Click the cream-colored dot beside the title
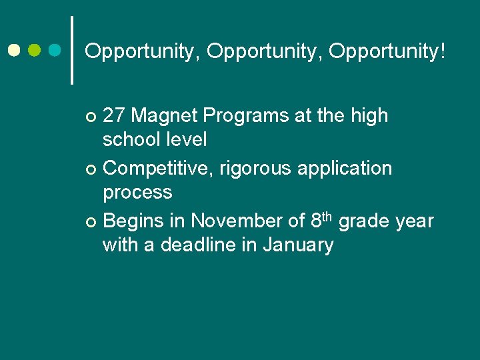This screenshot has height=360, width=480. coord(15,51)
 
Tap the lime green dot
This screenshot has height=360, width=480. coord(35,51)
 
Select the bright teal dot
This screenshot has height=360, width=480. coord(55,51)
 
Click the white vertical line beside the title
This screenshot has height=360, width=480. coord(72,50)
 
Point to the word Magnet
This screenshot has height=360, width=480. coord(165,116)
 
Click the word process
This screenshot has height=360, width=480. coord(137,193)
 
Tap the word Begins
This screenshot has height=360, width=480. coord(135,221)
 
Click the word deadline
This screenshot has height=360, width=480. coord(195,245)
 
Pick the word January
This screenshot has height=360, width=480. coord(298,245)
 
